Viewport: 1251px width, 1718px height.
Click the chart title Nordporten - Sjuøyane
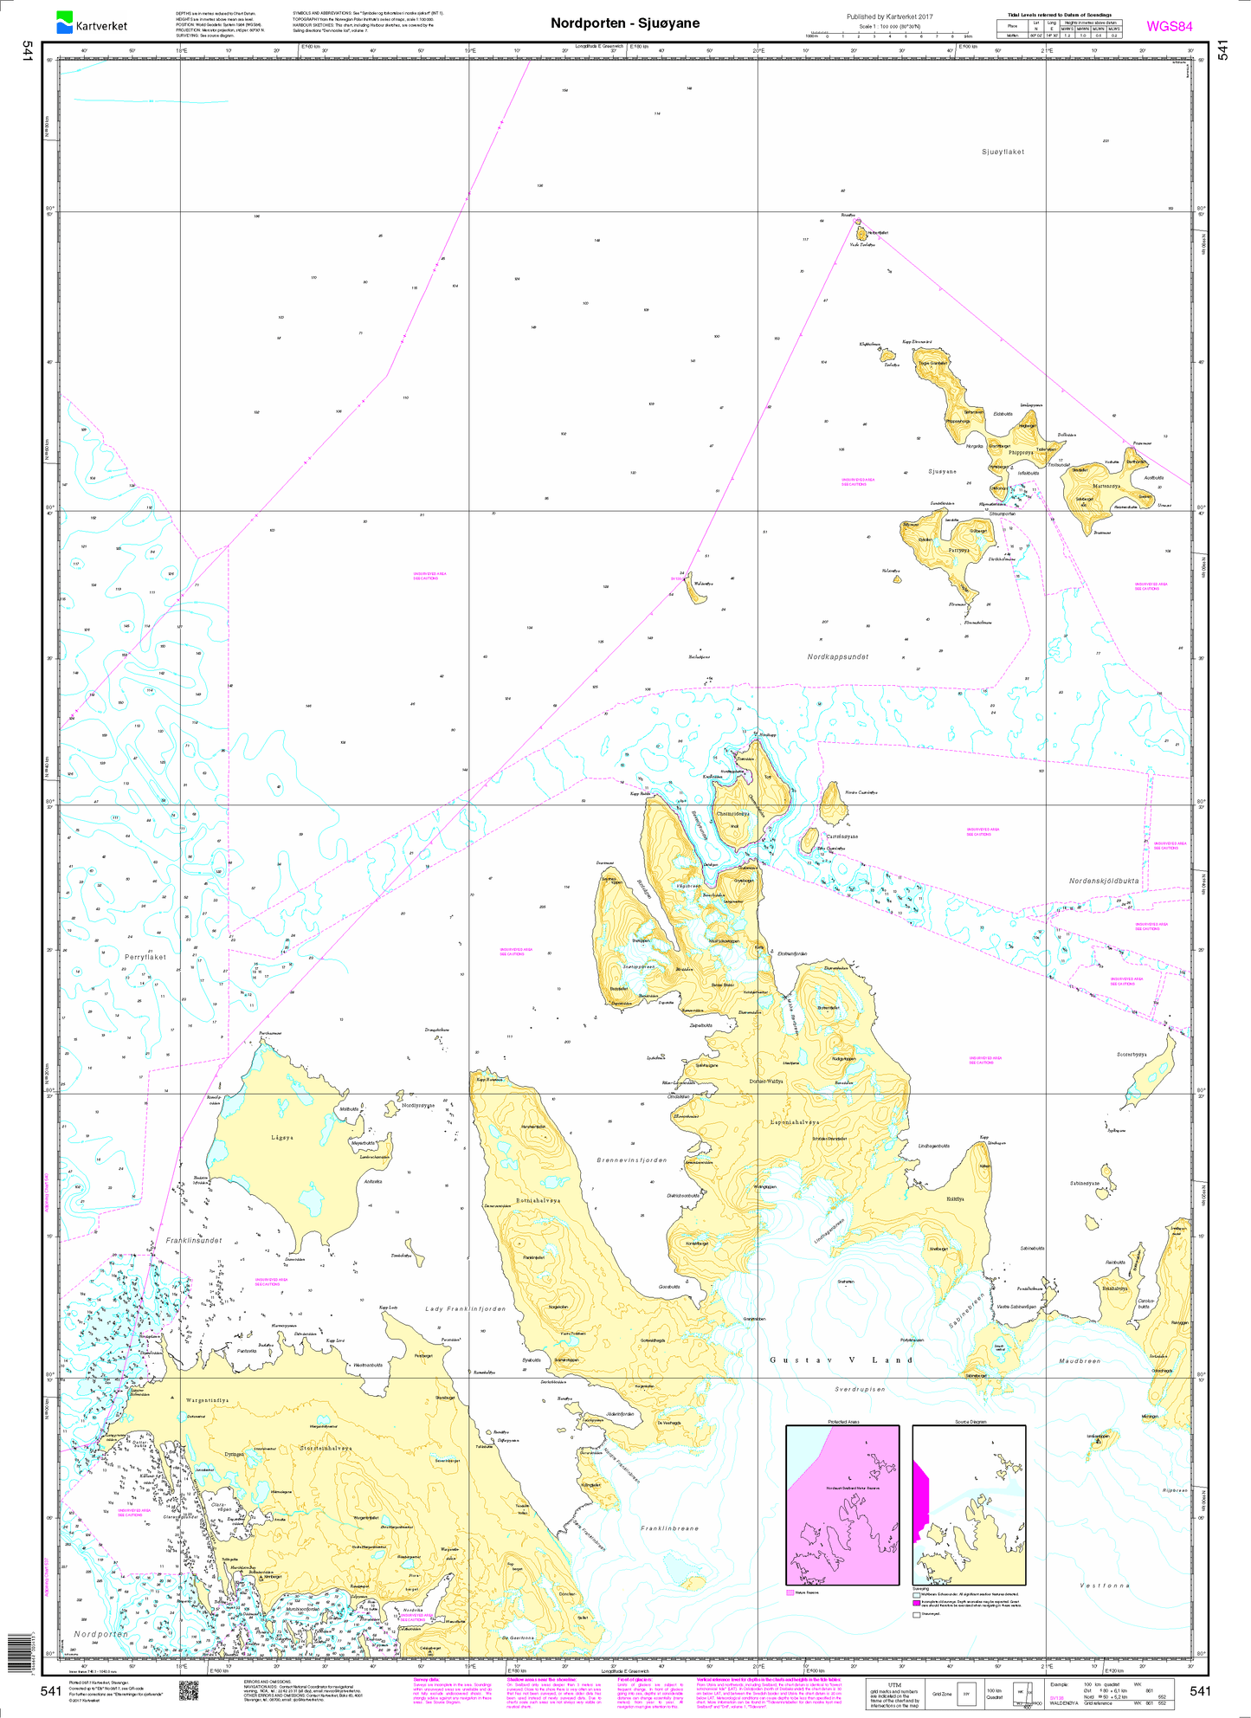click(625, 23)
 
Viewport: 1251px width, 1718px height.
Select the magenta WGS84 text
click(1169, 26)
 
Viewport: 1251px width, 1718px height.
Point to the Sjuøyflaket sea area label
click(1003, 152)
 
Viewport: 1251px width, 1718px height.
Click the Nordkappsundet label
click(837, 657)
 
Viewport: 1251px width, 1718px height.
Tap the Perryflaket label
click(145, 957)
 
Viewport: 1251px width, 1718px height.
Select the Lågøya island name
click(282, 1138)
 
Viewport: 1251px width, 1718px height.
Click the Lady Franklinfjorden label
click(465, 1308)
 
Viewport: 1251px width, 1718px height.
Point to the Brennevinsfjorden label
click(632, 1159)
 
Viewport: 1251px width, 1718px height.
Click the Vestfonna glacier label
click(1104, 1585)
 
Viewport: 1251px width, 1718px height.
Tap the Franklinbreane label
click(669, 1528)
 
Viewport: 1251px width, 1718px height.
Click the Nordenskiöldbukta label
click(1104, 882)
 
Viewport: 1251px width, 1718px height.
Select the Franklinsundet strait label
click(194, 1240)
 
